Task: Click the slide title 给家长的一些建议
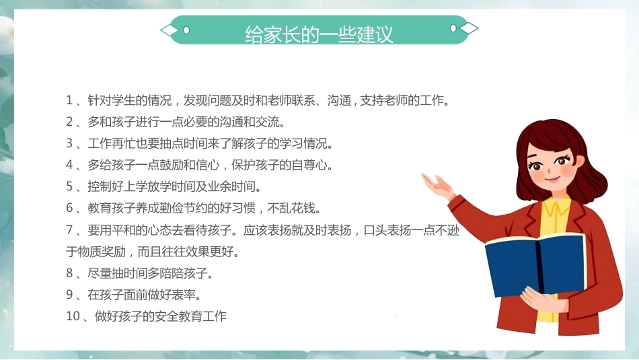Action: tap(319, 34)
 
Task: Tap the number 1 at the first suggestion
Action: tap(69, 100)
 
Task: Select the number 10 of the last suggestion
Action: tap(73, 316)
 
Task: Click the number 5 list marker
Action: tap(69, 186)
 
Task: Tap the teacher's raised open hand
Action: tap(438, 186)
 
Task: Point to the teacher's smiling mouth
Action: tap(552, 178)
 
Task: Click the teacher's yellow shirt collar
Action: tap(555, 206)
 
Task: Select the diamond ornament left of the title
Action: tap(170, 30)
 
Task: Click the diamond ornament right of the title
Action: tap(469, 28)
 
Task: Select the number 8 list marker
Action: tap(69, 273)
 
